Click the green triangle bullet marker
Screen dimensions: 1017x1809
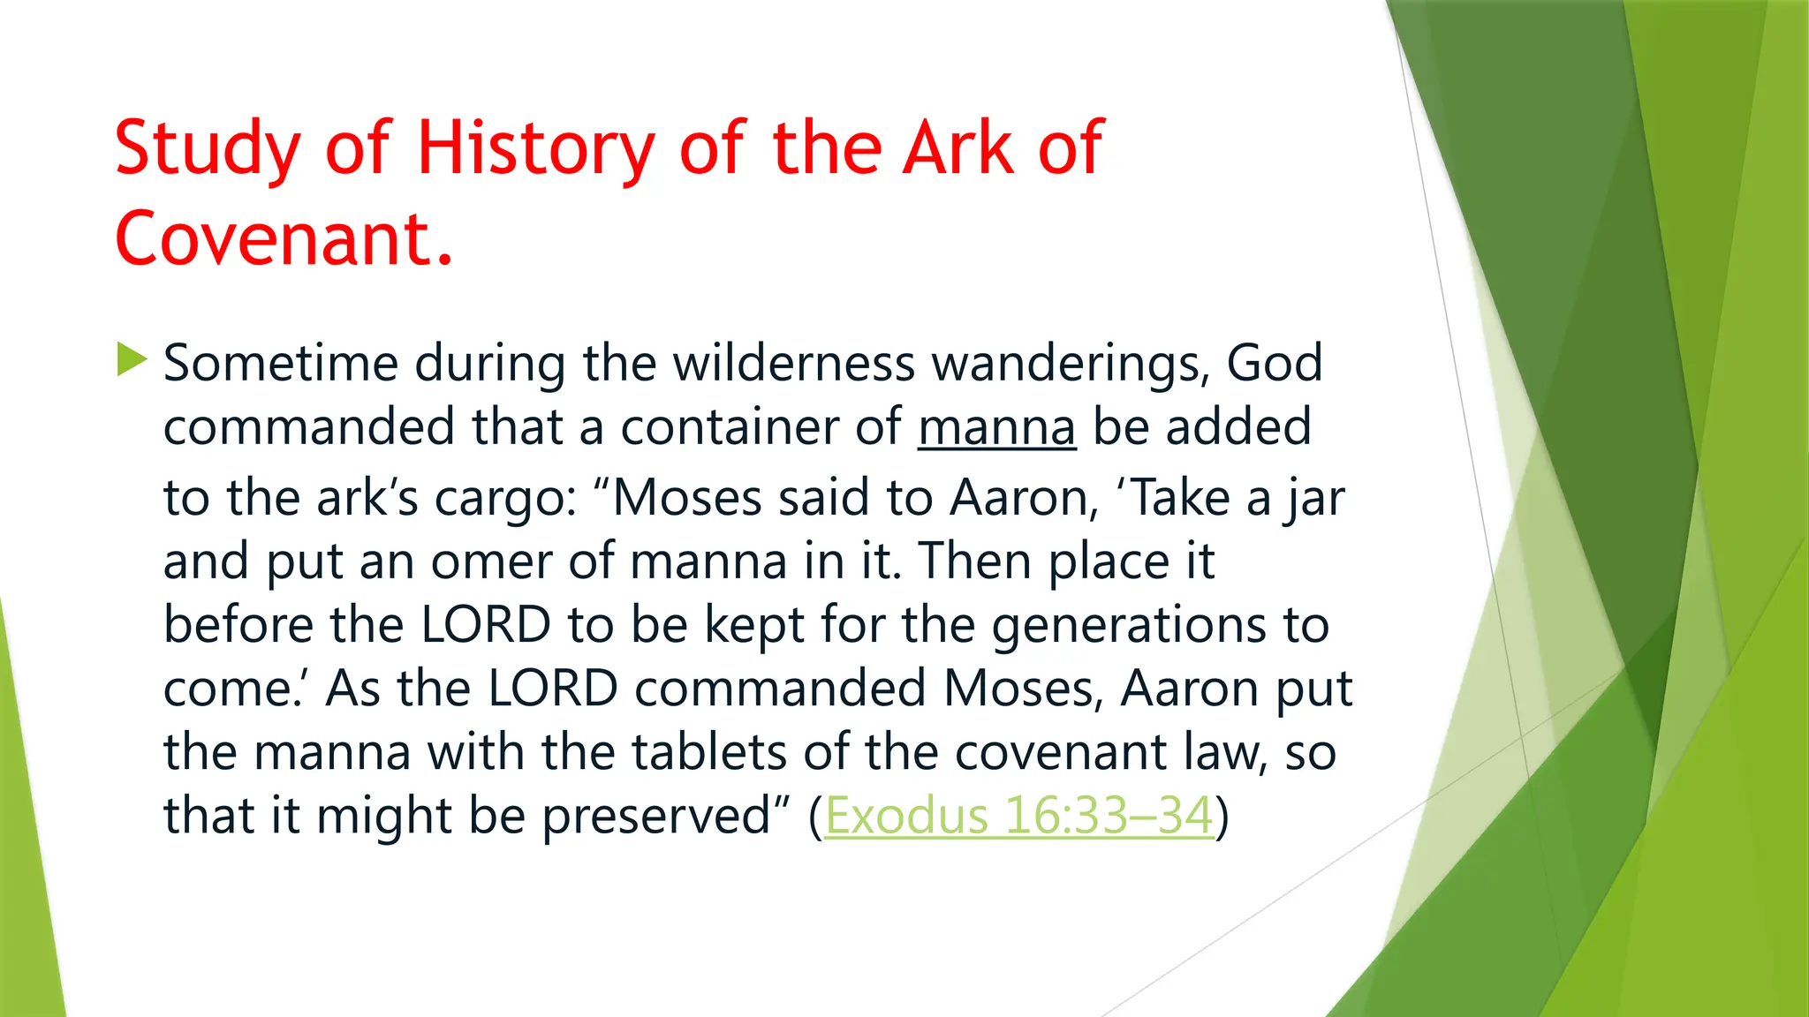click(131, 360)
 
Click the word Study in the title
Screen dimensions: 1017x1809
click(208, 148)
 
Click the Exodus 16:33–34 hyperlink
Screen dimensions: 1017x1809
click(1018, 815)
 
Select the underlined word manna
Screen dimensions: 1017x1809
click(996, 427)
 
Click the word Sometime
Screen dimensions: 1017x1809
click(281, 363)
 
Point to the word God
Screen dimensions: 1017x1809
click(1274, 363)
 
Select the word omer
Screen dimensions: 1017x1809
click(490, 561)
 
